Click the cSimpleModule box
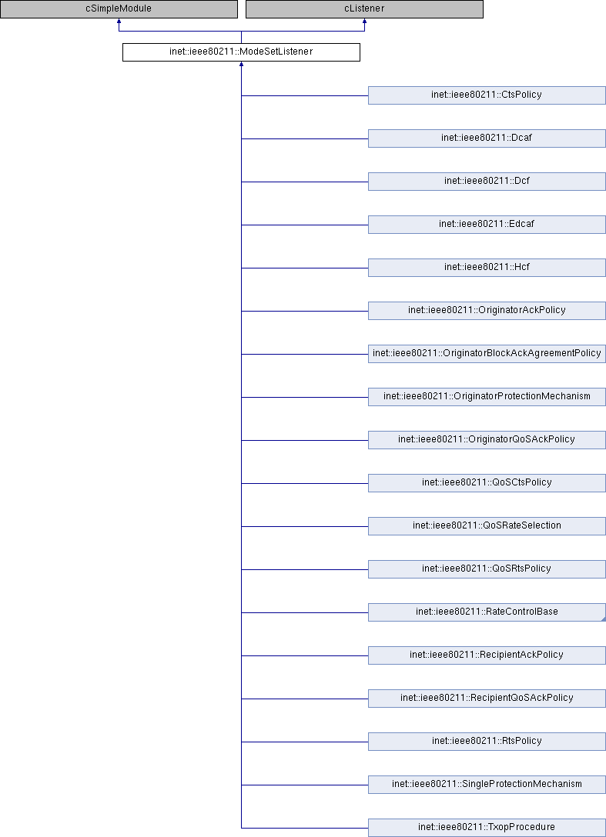coord(119,9)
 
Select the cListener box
coord(364,9)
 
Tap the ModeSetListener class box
coord(241,52)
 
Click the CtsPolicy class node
coord(487,95)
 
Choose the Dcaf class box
coord(487,138)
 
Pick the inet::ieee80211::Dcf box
coord(487,182)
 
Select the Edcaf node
coord(487,225)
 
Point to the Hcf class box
coord(487,268)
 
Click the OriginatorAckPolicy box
coord(487,311)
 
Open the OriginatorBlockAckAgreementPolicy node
coord(487,354)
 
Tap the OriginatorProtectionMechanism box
coord(487,397)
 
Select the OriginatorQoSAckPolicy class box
coord(487,440)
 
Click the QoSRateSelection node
coord(487,526)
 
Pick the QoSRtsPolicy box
coord(487,569)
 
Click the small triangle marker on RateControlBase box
coord(604,619)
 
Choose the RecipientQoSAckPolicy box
coord(487,699)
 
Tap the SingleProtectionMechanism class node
coord(487,785)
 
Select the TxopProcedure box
coord(487,828)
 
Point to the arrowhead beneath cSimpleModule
coord(119,21)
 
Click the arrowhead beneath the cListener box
coord(364,21)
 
